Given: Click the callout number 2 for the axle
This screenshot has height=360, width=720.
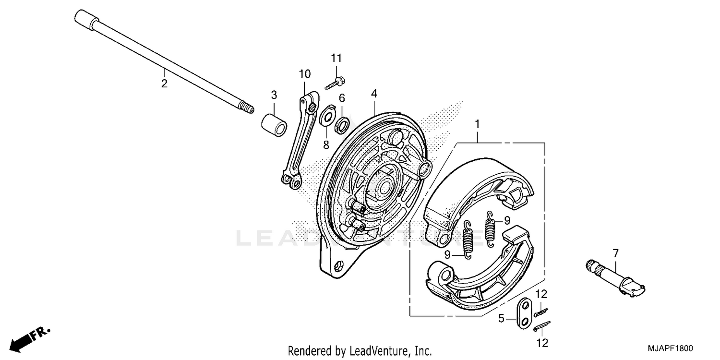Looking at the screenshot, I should [x=164, y=84].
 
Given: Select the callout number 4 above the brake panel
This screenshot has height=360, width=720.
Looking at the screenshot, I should [x=373, y=94].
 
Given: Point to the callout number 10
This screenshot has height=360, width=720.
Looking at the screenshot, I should [x=305, y=74].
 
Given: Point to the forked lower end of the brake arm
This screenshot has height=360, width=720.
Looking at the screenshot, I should [x=291, y=181].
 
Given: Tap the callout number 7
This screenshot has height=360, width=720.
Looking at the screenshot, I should [x=615, y=253].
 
